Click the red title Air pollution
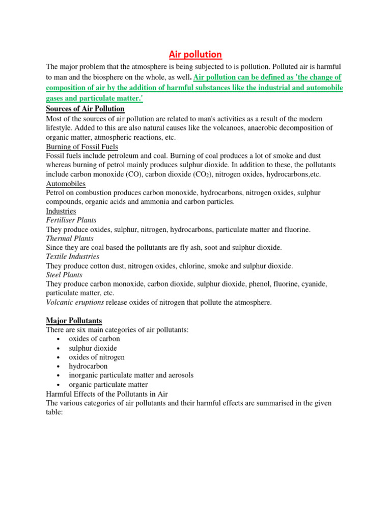pos(195,55)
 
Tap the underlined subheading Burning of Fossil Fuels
pos(82,147)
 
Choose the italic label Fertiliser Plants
pos(71,220)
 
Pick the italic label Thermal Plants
pos(70,239)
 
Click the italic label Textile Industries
pos(73,256)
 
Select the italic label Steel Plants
pos(64,275)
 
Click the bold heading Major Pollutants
pos(74,321)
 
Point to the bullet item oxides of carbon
pos(95,339)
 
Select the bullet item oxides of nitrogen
pos(97,357)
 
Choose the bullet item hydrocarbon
pos(89,366)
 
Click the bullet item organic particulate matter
pos(108,384)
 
